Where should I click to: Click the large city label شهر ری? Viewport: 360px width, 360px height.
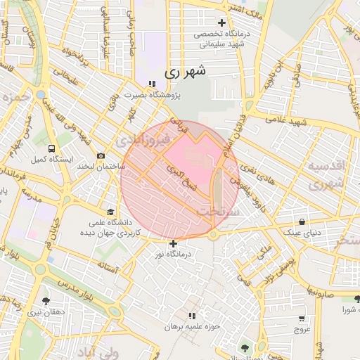pyautogui.click(x=186, y=72)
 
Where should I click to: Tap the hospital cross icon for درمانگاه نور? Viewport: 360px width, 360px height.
pyautogui.click(x=174, y=244)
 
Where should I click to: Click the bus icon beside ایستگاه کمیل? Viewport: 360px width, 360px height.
pyautogui.click(x=51, y=148)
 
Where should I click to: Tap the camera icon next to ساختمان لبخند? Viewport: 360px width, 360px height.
pyautogui.click(x=101, y=155)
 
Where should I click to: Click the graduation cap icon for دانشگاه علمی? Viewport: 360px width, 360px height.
pyautogui.click(x=110, y=212)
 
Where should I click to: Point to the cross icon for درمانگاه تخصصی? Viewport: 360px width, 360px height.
pyautogui.click(x=222, y=23)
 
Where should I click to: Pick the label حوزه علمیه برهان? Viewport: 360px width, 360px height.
pyautogui.click(x=192, y=327)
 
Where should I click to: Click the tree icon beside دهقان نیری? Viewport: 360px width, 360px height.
pyautogui.click(x=46, y=300)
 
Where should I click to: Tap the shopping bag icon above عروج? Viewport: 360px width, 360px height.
pyautogui.click(x=302, y=317)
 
